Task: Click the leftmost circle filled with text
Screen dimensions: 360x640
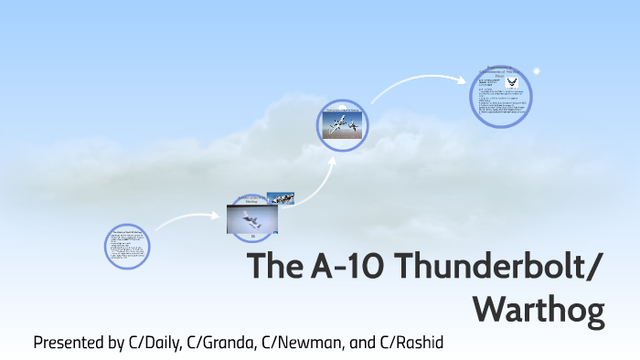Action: click(x=127, y=247)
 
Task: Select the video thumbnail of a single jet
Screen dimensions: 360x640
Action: click(x=251, y=220)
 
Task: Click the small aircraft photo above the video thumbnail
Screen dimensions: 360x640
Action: click(x=280, y=198)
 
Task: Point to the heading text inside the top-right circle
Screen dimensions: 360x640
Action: click(x=500, y=72)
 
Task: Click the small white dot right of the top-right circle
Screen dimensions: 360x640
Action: click(x=537, y=69)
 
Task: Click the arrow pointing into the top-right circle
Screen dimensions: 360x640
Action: click(x=421, y=85)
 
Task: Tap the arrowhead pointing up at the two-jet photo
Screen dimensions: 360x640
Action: click(x=332, y=159)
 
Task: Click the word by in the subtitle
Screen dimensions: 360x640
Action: click(x=116, y=344)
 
